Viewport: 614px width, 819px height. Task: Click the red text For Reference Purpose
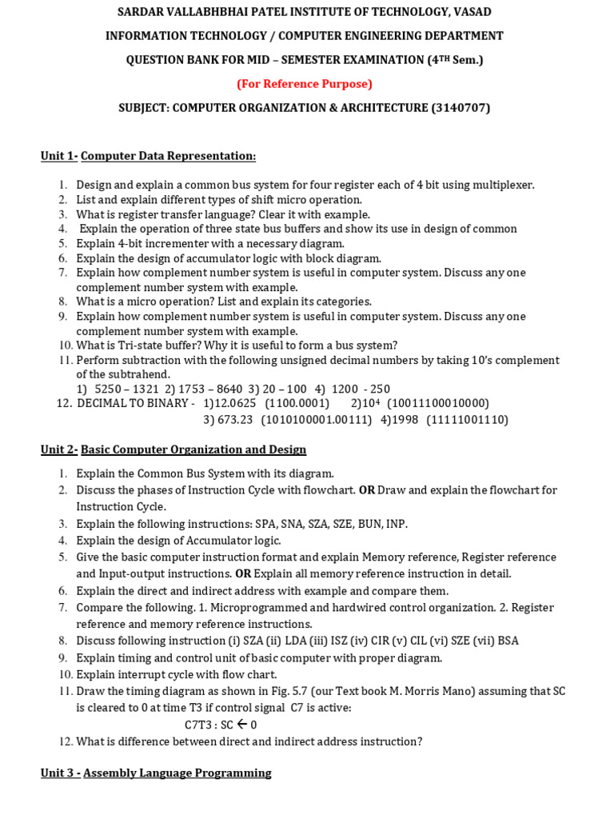coord(305,84)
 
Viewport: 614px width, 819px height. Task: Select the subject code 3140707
coord(460,108)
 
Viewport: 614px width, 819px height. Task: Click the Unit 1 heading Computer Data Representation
coord(168,156)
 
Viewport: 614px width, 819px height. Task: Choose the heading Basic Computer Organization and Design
coord(193,449)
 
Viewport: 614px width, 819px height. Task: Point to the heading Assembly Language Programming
coord(177,773)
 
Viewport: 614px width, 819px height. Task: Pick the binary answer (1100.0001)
coord(297,403)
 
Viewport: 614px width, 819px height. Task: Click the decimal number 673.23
coord(234,420)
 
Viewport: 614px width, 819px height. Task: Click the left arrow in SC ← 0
coord(241,725)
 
